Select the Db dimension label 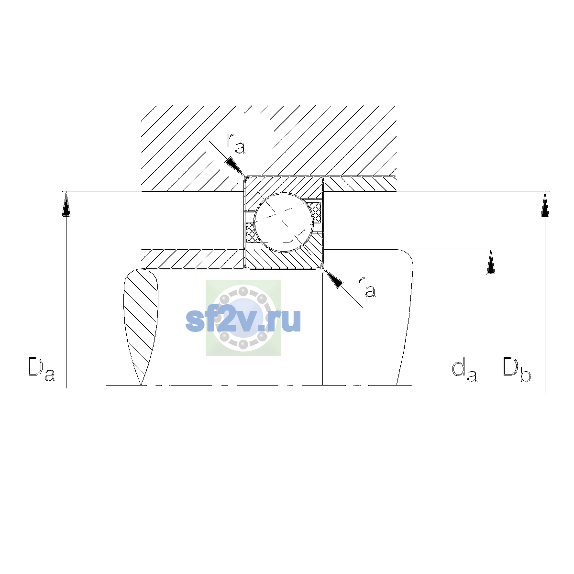click(x=516, y=369)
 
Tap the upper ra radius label click(x=236, y=143)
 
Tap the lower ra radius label click(x=366, y=287)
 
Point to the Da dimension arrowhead click(x=66, y=204)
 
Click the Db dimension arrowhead click(x=545, y=204)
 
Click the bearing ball click(x=284, y=222)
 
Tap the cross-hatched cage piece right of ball click(x=315, y=212)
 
